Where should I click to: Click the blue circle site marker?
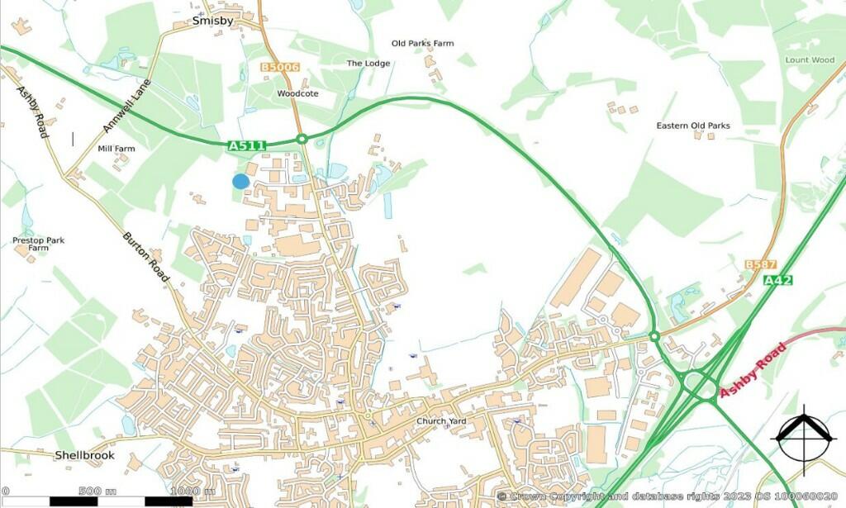pyautogui.click(x=240, y=181)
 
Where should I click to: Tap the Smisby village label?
pyautogui.click(x=213, y=21)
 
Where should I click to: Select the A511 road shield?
pyautogui.click(x=246, y=146)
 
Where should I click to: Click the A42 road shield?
pyautogui.click(x=778, y=281)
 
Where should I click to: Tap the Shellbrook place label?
pyautogui.click(x=85, y=455)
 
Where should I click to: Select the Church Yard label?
pyautogui.click(x=441, y=421)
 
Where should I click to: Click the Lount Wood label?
pyautogui.click(x=810, y=60)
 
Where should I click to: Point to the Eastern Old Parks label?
pyautogui.click(x=693, y=126)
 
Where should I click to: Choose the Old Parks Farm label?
pyautogui.click(x=422, y=43)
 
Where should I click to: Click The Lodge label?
pyautogui.click(x=367, y=63)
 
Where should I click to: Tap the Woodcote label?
pyautogui.click(x=297, y=94)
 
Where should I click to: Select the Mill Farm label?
pyautogui.click(x=116, y=149)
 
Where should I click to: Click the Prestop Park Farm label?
pyautogui.click(x=38, y=244)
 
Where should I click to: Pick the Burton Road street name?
pyautogui.click(x=146, y=257)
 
